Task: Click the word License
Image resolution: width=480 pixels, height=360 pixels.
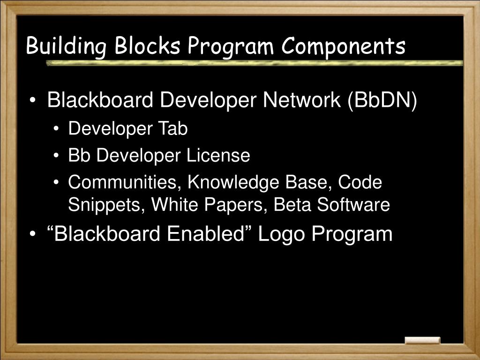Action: coord(218,156)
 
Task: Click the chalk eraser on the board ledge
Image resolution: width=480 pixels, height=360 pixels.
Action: coord(422,340)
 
